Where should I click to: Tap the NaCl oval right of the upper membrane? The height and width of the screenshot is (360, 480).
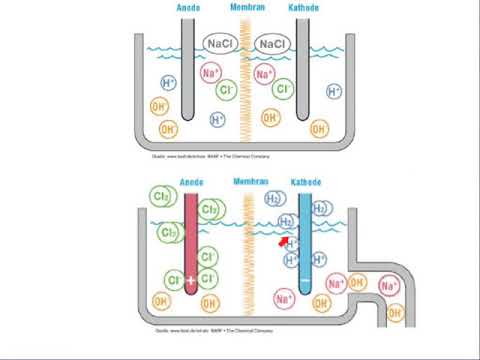point(272,44)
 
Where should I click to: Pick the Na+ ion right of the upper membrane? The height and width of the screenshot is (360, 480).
point(264,73)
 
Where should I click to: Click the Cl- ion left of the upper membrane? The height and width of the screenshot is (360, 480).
point(227,91)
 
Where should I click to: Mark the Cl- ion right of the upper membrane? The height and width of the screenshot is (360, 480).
point(284,91)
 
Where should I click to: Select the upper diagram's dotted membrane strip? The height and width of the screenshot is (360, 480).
point(246,85)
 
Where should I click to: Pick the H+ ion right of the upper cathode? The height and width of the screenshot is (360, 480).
point(335,92)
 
